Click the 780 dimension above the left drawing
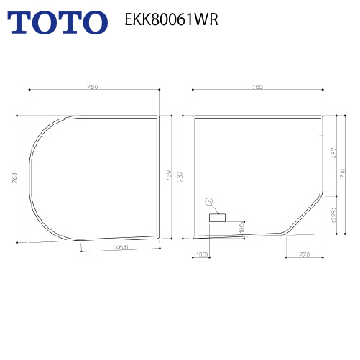pos(92,86)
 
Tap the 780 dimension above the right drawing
pos(258,86)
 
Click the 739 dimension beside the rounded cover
pos(169,177)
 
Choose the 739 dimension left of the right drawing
pos(180,177)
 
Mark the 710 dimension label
pos(343,172)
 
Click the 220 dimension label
pos(305,254)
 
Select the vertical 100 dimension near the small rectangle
pos(241,227)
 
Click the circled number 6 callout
pos(209,202)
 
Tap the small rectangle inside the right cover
pos(217,216)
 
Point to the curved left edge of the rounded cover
pos(31,177)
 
